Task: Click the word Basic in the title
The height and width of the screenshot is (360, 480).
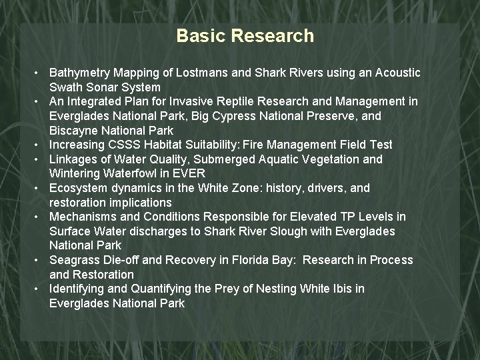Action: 201,36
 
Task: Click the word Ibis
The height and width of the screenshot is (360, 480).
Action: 341,289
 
